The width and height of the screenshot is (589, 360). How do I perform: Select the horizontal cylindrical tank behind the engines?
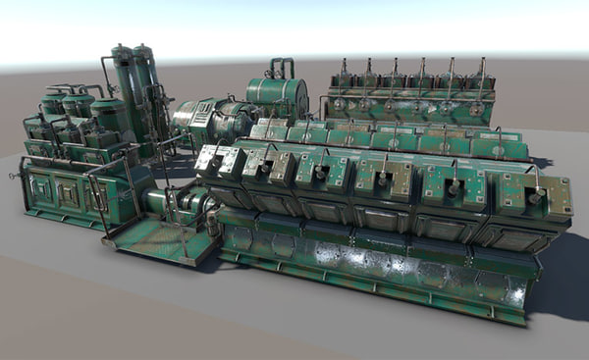pos(276,96)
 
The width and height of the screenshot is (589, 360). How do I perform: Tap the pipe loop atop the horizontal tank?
pos(281,67)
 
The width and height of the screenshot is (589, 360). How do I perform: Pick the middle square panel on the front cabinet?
pos(67,193)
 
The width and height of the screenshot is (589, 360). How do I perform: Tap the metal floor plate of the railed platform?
pos(157,237)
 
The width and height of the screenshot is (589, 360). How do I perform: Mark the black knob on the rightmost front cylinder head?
pos(536,197)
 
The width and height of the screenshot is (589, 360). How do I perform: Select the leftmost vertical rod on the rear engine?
pos(344,71)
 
